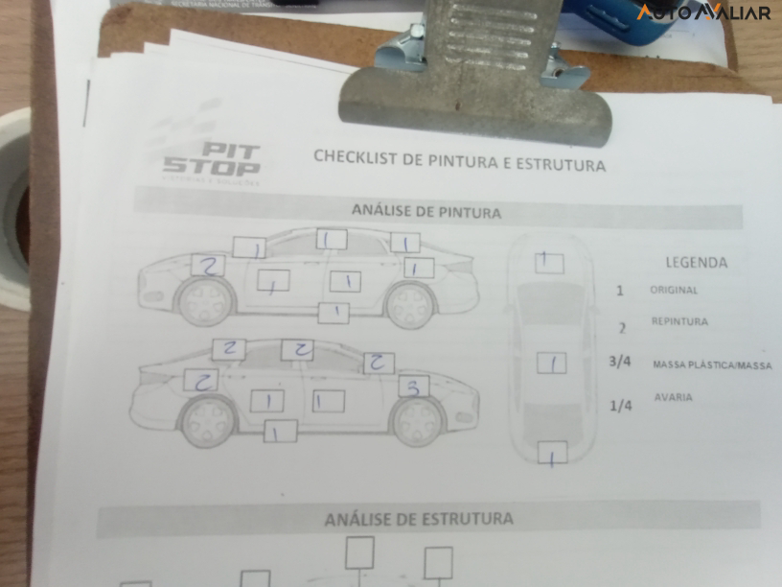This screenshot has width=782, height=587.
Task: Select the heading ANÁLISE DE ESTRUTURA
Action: [419, 519]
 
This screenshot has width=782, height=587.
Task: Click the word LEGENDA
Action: [696, 262]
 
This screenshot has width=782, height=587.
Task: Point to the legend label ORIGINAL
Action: [674, 290]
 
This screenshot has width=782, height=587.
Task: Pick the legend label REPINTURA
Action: [679, 322]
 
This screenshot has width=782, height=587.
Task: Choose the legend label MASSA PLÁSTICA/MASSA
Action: [711, 365]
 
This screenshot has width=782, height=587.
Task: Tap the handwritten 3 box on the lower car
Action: [413, 387]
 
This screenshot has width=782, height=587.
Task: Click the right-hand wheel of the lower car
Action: [417, 421]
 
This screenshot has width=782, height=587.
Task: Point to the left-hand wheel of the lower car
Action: [209, 420]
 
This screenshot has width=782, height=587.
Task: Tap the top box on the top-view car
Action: [549, 263]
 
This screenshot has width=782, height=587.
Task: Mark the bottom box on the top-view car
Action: [552, 453]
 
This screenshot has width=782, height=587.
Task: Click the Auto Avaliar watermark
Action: [703, 12]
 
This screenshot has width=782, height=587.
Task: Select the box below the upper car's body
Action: [333, 312]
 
